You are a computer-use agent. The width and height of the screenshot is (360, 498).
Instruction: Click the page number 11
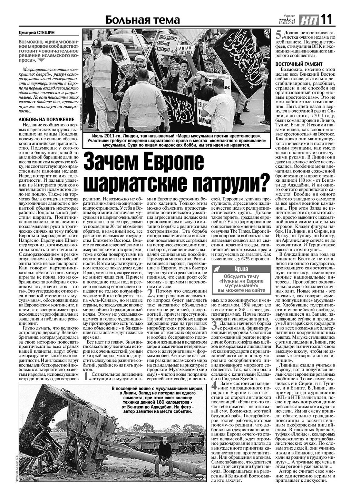[x=327, y=19]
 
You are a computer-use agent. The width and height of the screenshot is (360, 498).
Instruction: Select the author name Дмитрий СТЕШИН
[x=37, y=33]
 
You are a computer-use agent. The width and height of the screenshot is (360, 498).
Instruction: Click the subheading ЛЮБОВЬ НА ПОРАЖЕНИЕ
[x=41, y=119]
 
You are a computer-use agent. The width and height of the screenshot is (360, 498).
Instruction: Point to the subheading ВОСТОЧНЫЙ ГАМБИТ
[x=299, y=64]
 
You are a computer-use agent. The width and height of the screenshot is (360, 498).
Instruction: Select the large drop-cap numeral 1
[x=87, y=376]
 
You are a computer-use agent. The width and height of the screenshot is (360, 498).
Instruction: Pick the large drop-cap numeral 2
[x=150, y=293]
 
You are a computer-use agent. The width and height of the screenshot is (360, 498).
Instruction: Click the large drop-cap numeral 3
[x=214, y=325]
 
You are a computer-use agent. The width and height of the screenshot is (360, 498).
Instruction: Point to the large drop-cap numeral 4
[x=214, y=385]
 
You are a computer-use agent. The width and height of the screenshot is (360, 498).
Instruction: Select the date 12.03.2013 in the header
[x=287, y=23]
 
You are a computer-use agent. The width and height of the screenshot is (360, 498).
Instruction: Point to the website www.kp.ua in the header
[x=287, y=20]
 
